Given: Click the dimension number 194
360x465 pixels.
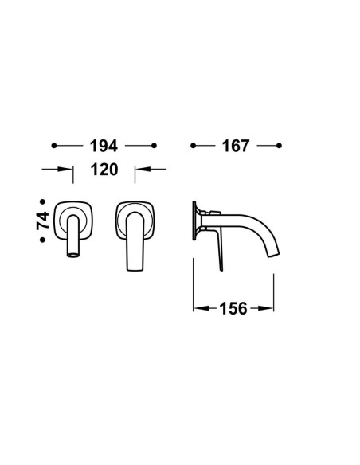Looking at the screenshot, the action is tap(104, 146).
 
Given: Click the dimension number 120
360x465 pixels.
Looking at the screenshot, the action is tap(104, 170).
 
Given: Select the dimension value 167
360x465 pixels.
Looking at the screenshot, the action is tap(236, 146).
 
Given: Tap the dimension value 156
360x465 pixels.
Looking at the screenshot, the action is tap(233, 308).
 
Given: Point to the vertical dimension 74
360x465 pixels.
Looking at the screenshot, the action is tap(43, 221).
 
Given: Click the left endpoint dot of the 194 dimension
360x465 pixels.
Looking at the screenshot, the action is tap(54, 146).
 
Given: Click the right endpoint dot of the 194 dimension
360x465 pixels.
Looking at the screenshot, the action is tap(154, 146).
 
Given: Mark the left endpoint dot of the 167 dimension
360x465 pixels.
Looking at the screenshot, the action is tap(193, 146).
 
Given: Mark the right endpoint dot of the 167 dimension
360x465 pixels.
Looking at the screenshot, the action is tap(279, 146).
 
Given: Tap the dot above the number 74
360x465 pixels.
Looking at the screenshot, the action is tap(43, 201).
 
